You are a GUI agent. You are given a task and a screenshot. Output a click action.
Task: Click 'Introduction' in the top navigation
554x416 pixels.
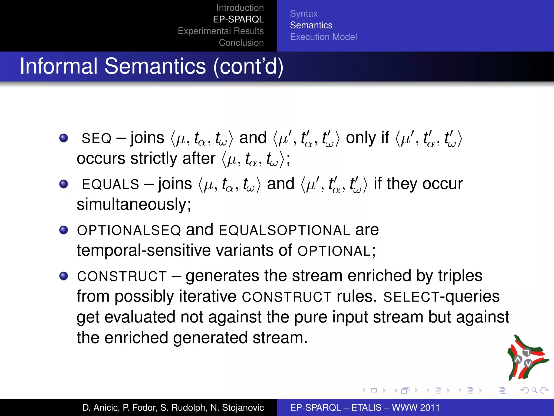click(x=240, y=8)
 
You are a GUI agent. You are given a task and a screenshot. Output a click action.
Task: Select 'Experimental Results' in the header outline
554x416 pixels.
click(x=221, y=31)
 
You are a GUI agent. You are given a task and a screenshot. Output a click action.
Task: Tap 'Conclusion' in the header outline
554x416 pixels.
click(x=241, y=43)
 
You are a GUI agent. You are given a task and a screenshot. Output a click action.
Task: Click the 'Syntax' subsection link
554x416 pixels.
click(x=304, y=14)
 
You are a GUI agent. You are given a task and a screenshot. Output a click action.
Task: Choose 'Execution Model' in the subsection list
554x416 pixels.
click(x=323, y=37)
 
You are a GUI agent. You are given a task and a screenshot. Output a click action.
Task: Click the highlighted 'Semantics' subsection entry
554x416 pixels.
click(x=311, y=25)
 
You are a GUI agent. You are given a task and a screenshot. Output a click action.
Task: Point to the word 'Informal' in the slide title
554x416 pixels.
click(x=58, y=66)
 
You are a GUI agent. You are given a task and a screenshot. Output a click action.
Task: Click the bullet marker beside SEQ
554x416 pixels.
click(x=64, y=138)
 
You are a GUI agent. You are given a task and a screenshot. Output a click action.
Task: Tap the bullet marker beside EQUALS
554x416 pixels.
click(x=64, y=184)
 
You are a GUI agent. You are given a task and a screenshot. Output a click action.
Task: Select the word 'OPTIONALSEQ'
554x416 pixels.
click(x=129, y=230)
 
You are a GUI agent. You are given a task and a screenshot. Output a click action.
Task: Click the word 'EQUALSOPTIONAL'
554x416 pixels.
click(x=284, y=230)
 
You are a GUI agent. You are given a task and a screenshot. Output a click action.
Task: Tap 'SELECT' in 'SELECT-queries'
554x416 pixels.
click(x=411, y=297)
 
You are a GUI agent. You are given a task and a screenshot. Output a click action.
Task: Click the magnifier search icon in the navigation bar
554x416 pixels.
click(x=534, y=390)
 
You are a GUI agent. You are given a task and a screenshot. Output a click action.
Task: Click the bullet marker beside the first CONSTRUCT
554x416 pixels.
click(x=64, y=276)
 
